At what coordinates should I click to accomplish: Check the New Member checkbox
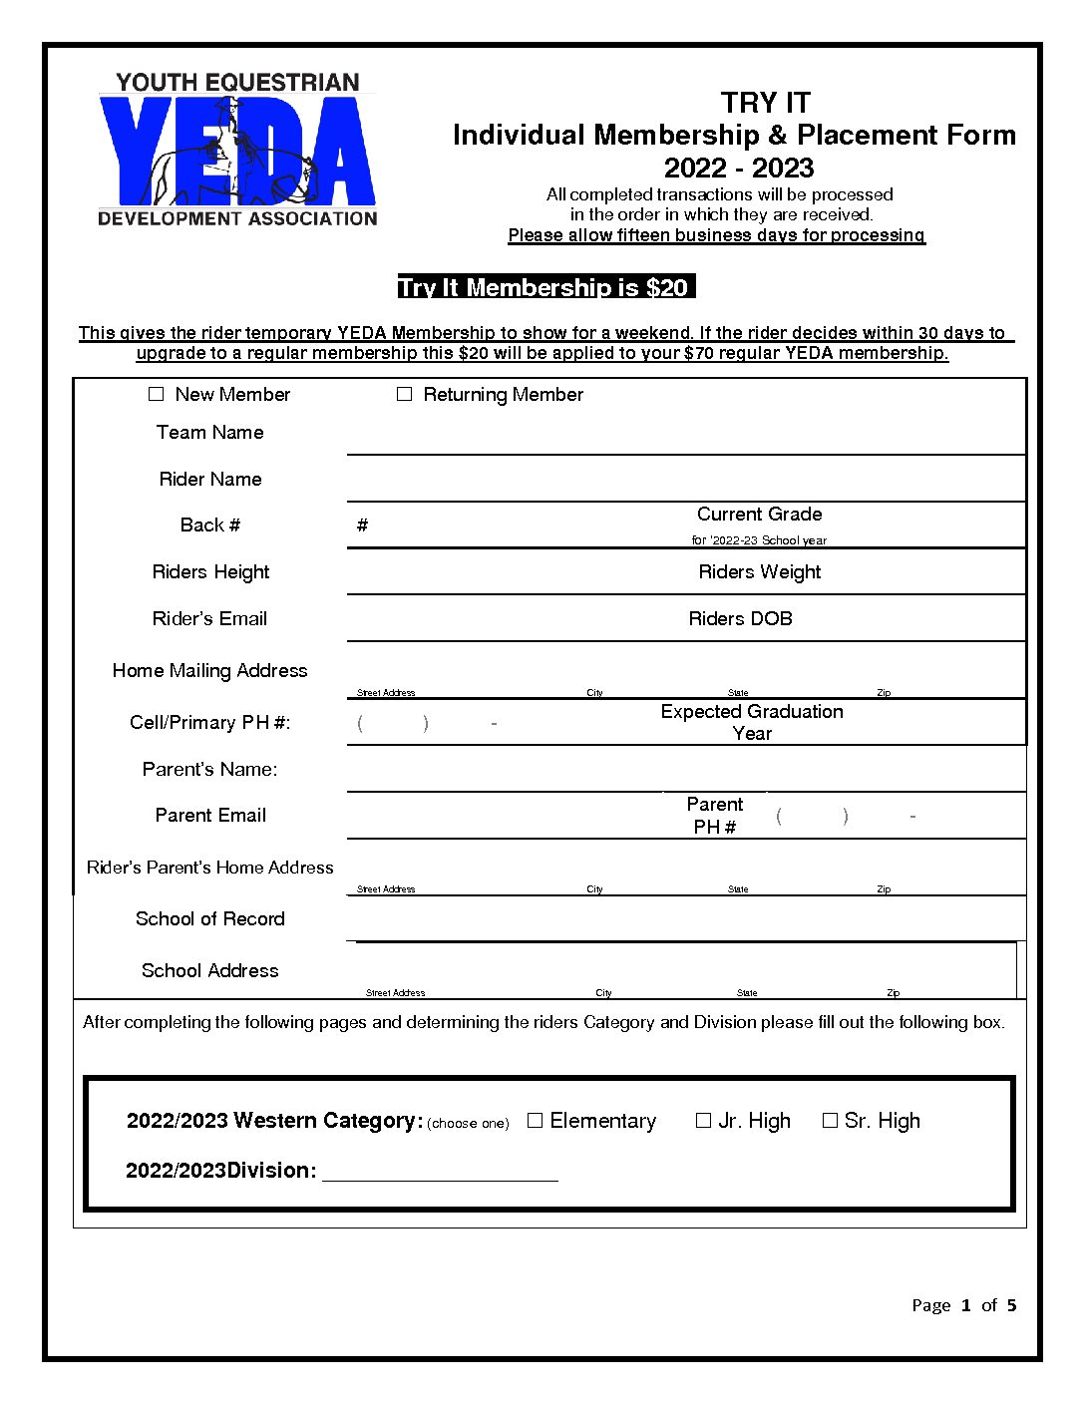157,395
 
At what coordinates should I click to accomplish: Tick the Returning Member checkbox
404,395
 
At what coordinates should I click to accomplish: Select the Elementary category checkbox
535,1121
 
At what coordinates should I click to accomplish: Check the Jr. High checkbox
703,1121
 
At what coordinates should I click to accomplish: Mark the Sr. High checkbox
829,1121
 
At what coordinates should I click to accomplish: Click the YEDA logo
237,150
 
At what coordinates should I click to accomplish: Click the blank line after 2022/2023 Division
440,1173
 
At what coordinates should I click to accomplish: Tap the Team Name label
209,433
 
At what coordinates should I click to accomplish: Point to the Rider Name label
209,480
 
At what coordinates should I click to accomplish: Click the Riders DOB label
740,619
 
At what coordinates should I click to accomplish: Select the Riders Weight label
759,572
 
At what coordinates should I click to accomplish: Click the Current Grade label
759,515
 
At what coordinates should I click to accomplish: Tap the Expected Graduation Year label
752,722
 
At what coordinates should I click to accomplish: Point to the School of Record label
209,919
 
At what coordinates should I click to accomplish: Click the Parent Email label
209,816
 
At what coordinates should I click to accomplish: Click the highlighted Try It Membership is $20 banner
545,288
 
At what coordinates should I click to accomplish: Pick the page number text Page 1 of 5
963,1305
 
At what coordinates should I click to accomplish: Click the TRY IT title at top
765,103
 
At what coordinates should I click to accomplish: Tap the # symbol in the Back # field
362,526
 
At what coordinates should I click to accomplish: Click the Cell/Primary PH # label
209,723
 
